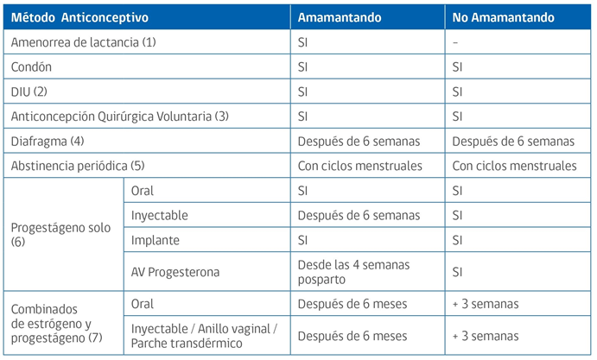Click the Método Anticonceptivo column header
pos(79,17)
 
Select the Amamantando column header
pos(340,17)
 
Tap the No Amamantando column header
pos(503,17)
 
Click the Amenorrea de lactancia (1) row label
pos(84,42)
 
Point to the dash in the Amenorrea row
pos(455,42)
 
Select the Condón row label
pos(31,67)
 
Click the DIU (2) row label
pos(29,92)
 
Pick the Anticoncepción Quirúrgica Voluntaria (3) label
pos(119,117)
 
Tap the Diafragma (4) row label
pos(48,142)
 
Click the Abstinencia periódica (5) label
pos(78,166)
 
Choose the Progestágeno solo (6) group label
pos(60,235)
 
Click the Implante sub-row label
pos(155,240)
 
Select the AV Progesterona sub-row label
pos(175,272)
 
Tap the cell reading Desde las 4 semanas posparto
pos(353,272)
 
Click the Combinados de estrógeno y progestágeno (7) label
pos(57,324)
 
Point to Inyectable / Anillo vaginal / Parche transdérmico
pos(204,336)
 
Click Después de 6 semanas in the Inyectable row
pos(359,215)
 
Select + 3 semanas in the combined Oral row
pos(486,304)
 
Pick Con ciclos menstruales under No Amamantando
pos(514,166)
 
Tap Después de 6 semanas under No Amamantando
pos(513,142)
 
